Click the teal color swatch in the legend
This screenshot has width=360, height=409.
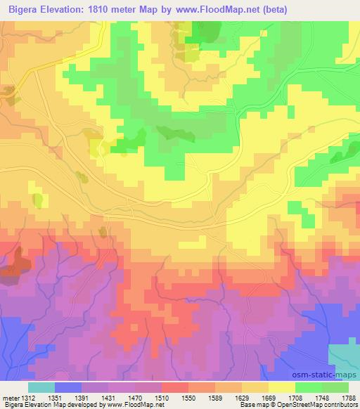pos(41,387)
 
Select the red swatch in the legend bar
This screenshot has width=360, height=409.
pos(175,387)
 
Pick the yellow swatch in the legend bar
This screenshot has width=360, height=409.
pos(282,387)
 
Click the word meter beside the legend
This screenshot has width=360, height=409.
pos(9,396)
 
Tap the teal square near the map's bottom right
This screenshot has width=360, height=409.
pos(343,354)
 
